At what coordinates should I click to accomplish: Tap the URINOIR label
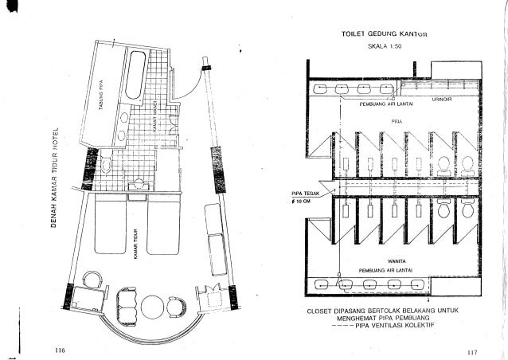click(443, 100)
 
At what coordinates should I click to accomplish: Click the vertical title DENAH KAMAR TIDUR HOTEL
click(57, 176)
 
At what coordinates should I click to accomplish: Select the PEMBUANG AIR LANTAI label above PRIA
click(388, 104)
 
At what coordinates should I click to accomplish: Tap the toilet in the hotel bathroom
click(107, 165)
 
